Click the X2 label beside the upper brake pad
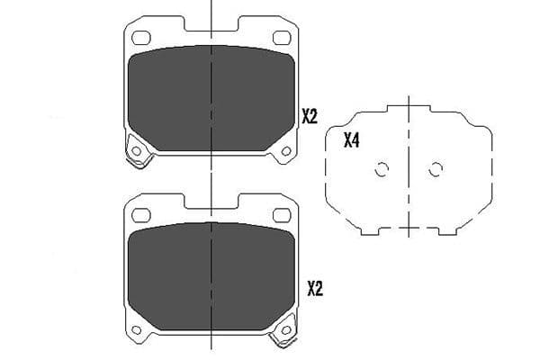click(310, 116)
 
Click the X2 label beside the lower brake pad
click(314, 289)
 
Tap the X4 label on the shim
click(352, 140)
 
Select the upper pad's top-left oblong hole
click(140, 38)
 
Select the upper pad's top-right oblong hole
click(281, 38)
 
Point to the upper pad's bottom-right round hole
click(285, 150)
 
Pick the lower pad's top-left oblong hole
click(140, 215)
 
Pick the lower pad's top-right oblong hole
click(281, 215)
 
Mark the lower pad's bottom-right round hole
click(285, 328)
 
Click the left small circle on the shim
click(381, 169)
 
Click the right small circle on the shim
click(436, 169)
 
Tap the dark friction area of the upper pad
click(211, 99)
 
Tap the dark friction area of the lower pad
click(211, 274)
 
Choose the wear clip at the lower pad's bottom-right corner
click(283, 335)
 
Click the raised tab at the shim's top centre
click(409, 109)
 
